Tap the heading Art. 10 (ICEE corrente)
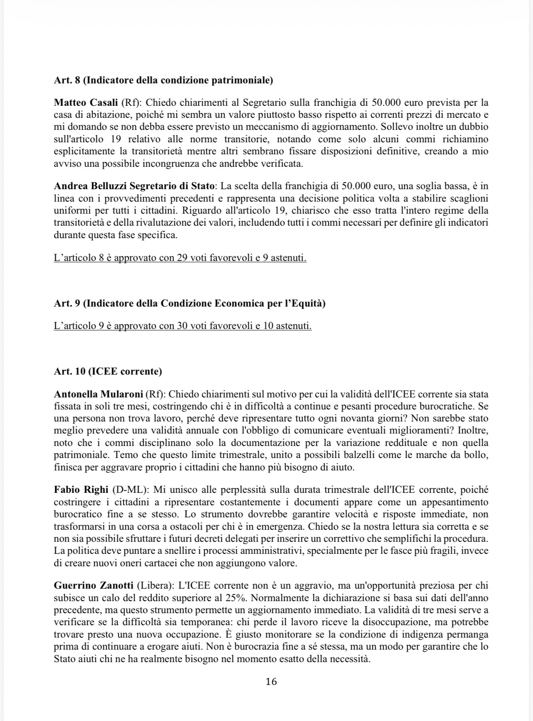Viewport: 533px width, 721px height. pos(108,371)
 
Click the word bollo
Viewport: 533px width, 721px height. pos(477,455)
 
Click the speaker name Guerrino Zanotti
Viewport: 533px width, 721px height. pos(93,586)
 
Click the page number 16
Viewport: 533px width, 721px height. pos(271,682)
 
